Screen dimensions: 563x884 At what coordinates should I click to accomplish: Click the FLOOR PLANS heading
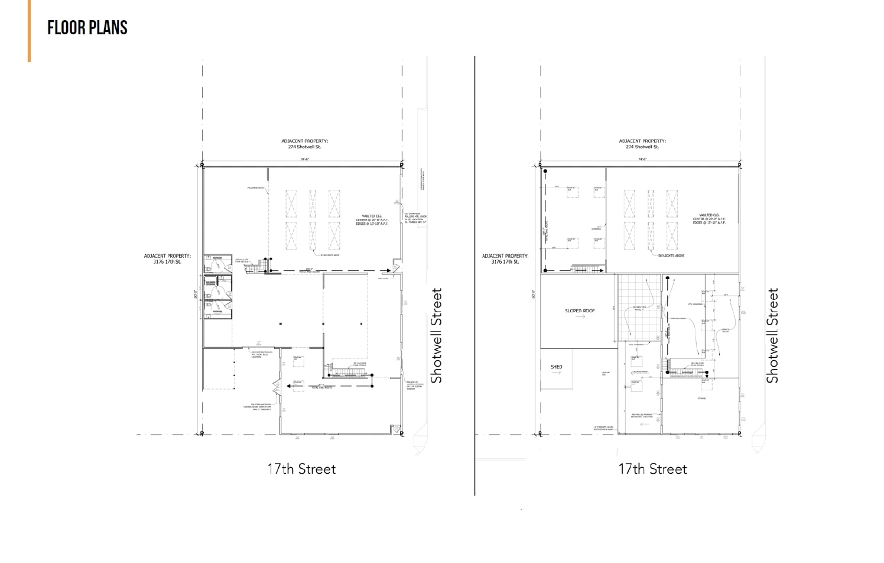(x=87, y=28)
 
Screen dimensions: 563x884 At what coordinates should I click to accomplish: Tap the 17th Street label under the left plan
(x=301, y=469)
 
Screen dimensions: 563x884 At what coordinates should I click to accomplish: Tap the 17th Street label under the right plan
(x=652, y=469)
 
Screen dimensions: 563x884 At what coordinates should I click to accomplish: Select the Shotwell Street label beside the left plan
(x=437, y=335)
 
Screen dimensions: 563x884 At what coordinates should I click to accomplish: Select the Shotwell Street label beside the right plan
(x=772, y=335)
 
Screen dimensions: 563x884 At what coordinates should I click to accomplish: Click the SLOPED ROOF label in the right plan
(x=580, y=310)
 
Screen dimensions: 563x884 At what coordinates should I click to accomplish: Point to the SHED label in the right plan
(x=556, y=367)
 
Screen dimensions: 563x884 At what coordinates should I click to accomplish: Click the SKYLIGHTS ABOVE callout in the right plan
(x=671, y=255)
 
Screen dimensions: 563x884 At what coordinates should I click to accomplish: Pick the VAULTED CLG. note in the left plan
(x=375, y=219)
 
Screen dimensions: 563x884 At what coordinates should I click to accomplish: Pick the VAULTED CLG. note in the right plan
(x=709, y=219)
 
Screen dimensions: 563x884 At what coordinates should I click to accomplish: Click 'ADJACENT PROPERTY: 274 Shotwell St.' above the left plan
(x=304, y=144)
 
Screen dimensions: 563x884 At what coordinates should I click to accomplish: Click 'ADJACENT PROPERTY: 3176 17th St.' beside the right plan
(x=505, y=258)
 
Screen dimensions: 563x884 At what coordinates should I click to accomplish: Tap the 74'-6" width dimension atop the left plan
(x=304, y=159)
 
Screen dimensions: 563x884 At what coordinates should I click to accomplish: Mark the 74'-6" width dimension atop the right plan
(x=642, y=159)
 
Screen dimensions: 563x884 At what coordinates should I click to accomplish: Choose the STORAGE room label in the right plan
(x=701, y=399)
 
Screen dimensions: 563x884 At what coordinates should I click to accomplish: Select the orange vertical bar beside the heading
(x=29, y=31)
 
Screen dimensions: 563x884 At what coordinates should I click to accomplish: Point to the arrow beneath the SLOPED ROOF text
(x=580, y=317)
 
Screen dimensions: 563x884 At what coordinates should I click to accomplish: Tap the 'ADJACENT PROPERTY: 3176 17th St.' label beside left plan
(x=167, y=258)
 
